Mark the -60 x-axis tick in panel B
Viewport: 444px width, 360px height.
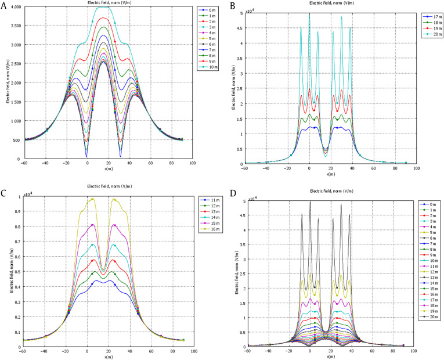click(x=247, y=168)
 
